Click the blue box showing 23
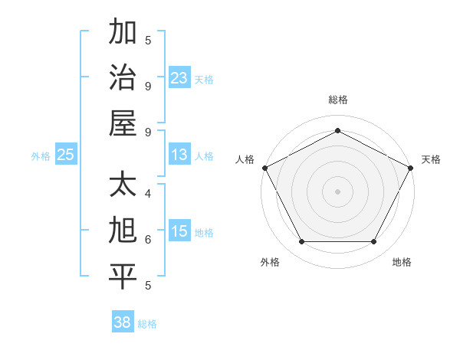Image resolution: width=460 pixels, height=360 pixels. coord(179,77)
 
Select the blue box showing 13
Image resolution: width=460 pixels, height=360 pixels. coord(179,155)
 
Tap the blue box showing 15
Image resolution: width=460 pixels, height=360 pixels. coord(179,231)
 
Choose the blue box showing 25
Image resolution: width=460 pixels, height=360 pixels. coord(66,155)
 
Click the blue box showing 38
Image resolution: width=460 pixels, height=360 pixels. coord(123,322)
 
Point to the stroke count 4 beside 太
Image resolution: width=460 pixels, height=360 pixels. coord(148,193)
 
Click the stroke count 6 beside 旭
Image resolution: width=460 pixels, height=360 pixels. coord(148,239)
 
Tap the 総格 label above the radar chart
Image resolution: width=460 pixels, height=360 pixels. coord(337,100)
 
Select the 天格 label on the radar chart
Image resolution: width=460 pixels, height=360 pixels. coord(431,159)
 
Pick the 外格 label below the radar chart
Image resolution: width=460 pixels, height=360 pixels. coord(270,262)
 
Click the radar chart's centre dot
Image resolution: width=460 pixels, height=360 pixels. coord(337,191)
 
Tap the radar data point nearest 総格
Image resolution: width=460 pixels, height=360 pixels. coord(337,130)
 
